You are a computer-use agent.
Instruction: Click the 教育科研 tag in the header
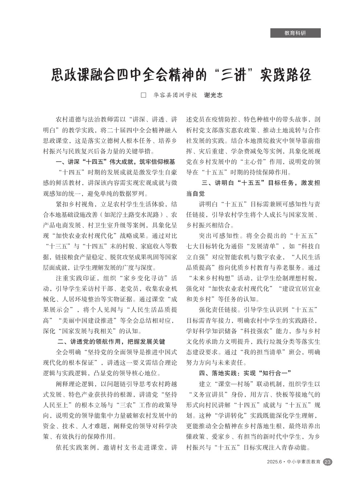[295, 33]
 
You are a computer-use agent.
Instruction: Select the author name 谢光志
[213, 95]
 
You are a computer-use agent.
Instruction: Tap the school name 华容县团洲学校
[175, 95]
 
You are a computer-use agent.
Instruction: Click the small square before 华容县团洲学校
[143, 95]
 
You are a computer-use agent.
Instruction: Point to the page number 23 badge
[327, 462]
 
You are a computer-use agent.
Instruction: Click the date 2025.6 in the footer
[274, 462]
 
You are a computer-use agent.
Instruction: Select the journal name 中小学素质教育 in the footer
[304, 462]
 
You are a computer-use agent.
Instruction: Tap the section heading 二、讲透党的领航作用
[111, 342]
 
